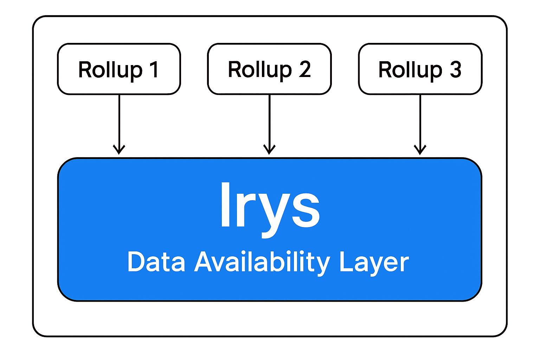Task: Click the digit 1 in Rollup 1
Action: click(154, 70)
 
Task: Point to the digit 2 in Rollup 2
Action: click(305, 69)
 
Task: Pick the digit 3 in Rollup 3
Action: click(455, 69)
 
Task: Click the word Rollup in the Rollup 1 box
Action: click(110, 70)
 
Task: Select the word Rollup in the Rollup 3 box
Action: click(410, 70)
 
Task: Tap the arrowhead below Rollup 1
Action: click(119, 149)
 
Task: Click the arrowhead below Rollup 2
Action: click(269, 149)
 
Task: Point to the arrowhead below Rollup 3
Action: click(420, 149)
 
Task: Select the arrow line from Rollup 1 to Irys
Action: click(119, 120)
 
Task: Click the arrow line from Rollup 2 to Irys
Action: click(269, 120)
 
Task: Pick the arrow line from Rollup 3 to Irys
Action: click(420, 120)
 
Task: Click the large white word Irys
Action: click(270, 207)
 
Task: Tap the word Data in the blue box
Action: click(156, 262)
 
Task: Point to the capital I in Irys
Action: click(226, 205)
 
